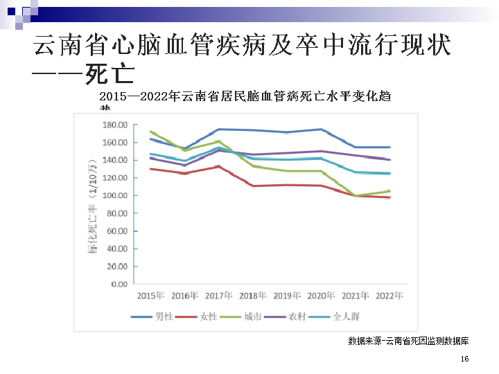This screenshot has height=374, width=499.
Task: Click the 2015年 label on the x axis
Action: [150, 296]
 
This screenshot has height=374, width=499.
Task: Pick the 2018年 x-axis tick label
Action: [253, 296]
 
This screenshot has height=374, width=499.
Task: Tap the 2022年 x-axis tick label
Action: [389, 296]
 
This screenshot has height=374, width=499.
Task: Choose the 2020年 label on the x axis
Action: [321, 296]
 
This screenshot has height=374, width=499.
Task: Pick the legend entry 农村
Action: [297, 317]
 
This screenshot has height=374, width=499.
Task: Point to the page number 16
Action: [464, 359]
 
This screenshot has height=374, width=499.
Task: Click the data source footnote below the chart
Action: [408, 341]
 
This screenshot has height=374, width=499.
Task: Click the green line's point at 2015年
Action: [150, 131]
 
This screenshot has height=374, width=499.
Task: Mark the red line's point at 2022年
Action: [389, 197]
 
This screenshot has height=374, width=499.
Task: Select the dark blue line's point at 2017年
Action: [219, 130]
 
